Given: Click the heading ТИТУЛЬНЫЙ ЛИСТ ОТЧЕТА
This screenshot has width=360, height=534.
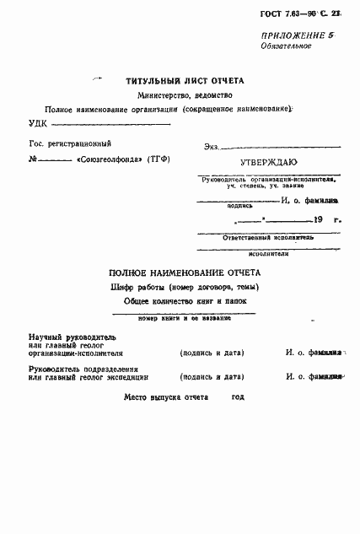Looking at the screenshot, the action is (x=185, y=81).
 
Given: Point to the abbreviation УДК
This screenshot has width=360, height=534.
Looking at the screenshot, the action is (x=39, y=123).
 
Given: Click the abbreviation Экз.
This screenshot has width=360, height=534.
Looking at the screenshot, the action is (x=212, y=148).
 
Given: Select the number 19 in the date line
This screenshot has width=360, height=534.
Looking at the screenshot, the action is (x=317, y=219).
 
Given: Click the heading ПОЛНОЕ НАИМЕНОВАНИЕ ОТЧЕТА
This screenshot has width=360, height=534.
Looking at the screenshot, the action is (x=185, y=272).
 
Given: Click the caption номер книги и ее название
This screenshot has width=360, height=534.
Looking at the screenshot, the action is (x=185, y=318).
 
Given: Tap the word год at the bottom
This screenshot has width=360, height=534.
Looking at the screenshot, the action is (x=238, y=396).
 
